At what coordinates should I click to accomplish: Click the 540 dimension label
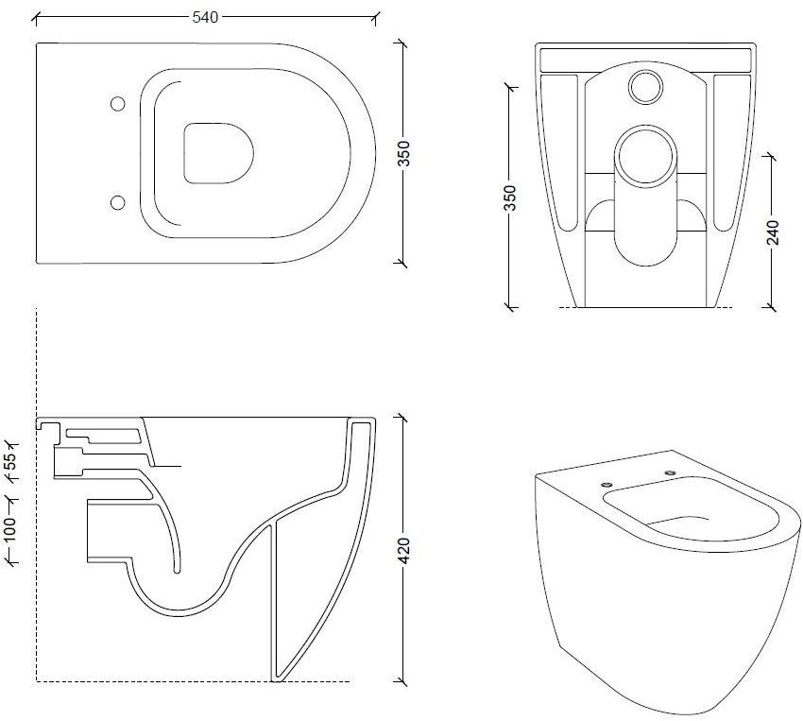(207, 16)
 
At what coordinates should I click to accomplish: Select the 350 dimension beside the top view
(404, 152)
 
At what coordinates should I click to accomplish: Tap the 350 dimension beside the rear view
(511, 197)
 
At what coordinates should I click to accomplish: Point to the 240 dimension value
(773, 232)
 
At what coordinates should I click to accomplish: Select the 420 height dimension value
(404, 550)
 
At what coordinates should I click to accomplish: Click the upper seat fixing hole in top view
(118, 103)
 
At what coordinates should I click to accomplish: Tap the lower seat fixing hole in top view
(118, 201)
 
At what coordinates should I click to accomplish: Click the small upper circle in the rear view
(646, 86)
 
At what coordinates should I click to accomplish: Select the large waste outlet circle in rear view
(645, 151)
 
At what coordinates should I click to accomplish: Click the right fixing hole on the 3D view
(670, 472)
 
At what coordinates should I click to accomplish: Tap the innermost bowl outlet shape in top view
(219, 152)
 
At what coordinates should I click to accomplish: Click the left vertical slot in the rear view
(565, 151)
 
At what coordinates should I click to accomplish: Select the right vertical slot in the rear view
(725, 151)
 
